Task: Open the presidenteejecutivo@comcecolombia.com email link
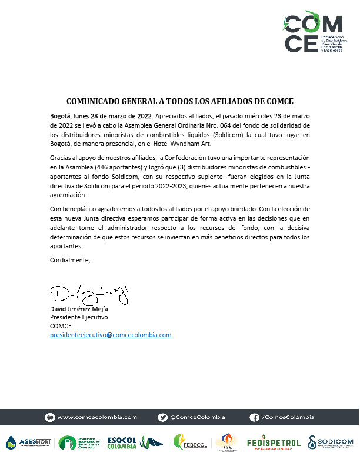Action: tap(111, 335)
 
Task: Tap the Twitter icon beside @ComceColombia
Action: tap(163, 417)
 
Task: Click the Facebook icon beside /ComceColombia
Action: tap(254, 417)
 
